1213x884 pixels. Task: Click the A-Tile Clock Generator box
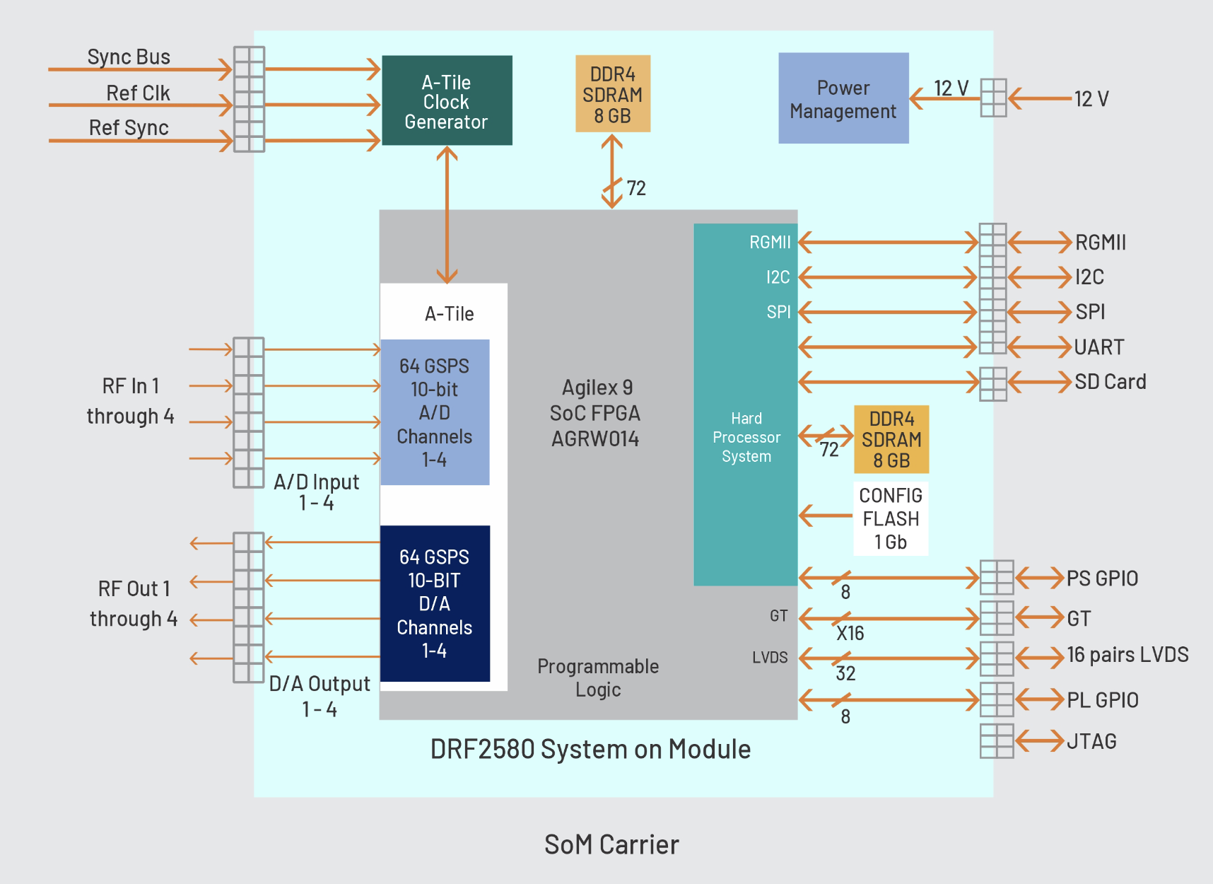(x=447, y=100)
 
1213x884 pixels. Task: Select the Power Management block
(x=843, y=98)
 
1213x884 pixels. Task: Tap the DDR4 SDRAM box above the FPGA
(x=613, y=94)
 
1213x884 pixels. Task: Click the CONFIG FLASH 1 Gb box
(x=891, y=518)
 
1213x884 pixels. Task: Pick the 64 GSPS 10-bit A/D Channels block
(x=435, y=412)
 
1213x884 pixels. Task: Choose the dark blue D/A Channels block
(x=435, y=603)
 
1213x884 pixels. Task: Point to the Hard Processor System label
(x=746, y=437)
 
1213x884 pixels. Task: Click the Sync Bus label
(x=129, y=57)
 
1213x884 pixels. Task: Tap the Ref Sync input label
(x=129, y=127)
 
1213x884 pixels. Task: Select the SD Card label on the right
(x=1110, y=382)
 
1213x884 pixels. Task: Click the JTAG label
(x=1091, y=741)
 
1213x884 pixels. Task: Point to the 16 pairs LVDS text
(x=1127, y=655)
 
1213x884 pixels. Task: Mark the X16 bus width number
(x=850, y=633)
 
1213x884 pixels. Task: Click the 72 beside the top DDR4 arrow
(x=636, y=188)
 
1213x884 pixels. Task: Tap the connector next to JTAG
(x=997, y=741)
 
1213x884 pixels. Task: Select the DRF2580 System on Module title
(x=590, y=749)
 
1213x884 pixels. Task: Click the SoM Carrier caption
(x=611, y=844)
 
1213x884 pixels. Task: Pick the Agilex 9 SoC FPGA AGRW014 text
(x=595, y=413)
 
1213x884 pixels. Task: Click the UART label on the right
(x=1098, y=347)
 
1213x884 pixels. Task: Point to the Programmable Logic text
(x=598, y=677)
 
